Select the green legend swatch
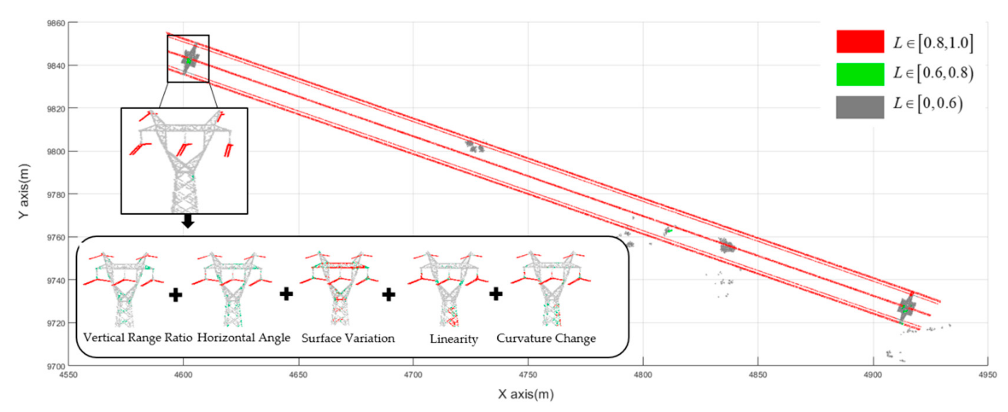[x=860, y=74]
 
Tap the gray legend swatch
[x=860, y=107]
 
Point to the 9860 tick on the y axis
[x=56, y=23]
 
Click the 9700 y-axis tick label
[x=56, y=366]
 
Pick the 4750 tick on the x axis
[x=528, y=375]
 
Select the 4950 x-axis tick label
[x=987, y=375]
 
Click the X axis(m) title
[x=526, y=394]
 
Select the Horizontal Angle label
[x=243, y=338]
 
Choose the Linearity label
[x=454, y=339]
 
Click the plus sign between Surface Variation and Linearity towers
[x=389, y=294]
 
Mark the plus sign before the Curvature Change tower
[x=496, y=293]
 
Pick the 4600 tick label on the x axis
[x=183, y=375]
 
